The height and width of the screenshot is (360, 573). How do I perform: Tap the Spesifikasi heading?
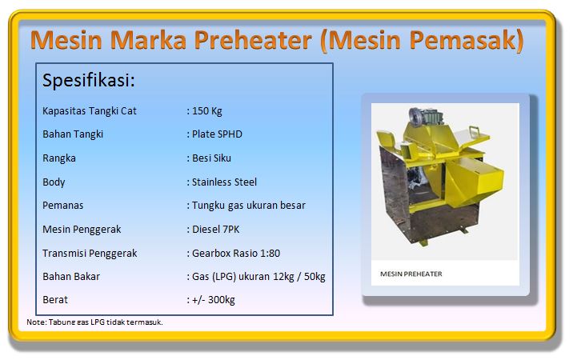pos(89,81)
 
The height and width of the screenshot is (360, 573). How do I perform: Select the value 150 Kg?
pos(206,111)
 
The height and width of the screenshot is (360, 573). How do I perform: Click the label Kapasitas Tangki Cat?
pos(90,111)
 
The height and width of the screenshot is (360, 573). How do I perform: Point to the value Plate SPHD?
pos(217,134)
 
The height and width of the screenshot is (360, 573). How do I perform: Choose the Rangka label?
pos(59,158)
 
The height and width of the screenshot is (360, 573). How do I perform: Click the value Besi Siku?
pos(211,158)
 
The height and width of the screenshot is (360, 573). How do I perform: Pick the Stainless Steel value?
pos(224,182)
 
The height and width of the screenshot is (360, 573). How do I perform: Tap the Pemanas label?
pos(63,206)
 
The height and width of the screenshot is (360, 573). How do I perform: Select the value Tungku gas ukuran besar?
pos(249,206)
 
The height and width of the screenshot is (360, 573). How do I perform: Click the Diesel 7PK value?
pos(215,230)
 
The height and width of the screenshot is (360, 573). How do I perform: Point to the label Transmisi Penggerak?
pos(90,254)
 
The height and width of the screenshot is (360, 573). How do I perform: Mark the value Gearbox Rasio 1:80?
pos(236,254)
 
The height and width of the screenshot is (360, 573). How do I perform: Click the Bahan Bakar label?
pos(71,277)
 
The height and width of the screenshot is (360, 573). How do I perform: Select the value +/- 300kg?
pos(214,300)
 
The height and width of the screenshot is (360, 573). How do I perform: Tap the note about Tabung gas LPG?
pos(94,322)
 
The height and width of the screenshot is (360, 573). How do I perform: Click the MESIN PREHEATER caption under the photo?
pos(411,274)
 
